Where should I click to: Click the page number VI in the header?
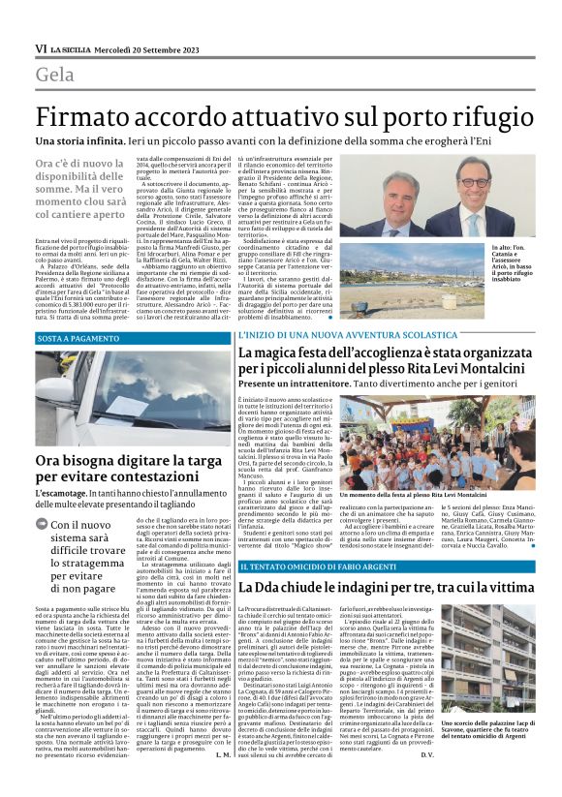point(41,48)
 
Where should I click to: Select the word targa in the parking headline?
point(197,461)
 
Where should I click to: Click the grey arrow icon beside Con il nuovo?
point(43,526)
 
